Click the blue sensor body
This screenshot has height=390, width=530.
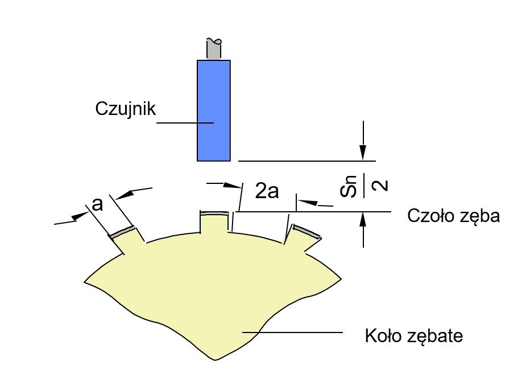click(214, 110)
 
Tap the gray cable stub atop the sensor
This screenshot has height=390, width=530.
click(214, 49)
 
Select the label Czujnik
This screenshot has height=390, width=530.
click(126, 109)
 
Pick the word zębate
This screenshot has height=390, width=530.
click(435, 336)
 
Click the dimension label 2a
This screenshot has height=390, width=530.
click(267, 191)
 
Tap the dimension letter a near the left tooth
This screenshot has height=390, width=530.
click(97, 204)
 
